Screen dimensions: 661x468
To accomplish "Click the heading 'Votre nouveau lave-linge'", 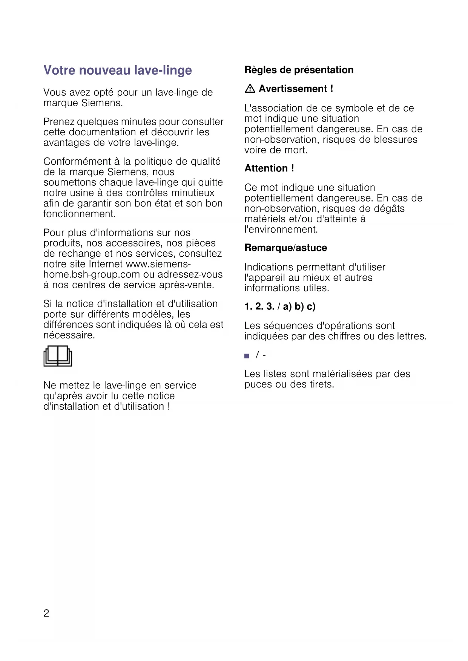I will pyautogui.click(x=118, y=70).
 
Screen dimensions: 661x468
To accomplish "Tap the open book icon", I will pyautogui.click(x=58, y=356).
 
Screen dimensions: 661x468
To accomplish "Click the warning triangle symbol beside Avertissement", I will pyautogui.click(x=250, y=89).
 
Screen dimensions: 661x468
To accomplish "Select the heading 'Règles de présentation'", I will pyautogui.click(x=299, y=70).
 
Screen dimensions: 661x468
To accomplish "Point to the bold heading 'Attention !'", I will pyautogui.click(x=269, y=168).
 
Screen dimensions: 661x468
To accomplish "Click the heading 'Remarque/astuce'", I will pyautogui.click(x=286, y=248).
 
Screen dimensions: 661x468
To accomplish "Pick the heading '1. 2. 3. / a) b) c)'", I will pyautogui.click(x=280, y=306).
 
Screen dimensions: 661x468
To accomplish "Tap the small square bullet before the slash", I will pyautogui.click(x=247, y=356).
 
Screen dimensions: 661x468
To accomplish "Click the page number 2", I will pyautogui.click(x=46, y=613).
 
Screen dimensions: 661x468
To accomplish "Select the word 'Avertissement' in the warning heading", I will pyautogui.click(x=293, y=89).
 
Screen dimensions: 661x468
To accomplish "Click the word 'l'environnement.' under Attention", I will pyautogui.click(x=281, y=230).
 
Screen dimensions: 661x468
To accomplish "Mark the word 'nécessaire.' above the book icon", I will pyautogui.click(x=69, y=335).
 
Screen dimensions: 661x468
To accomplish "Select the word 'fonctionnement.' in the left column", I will pyautogui.click(x=80, y=214).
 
